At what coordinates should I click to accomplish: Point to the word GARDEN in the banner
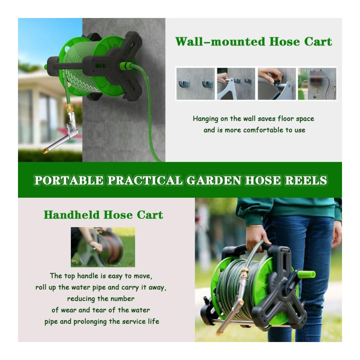pyautogui.click(x=214, y=180)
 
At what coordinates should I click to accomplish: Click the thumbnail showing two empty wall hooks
pyautogui.click(x=195, y=84)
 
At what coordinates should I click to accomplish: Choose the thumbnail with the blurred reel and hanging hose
pyautogui.click(x=317, y=84)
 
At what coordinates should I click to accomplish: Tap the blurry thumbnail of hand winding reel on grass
pyautogui.click(x=103, y=247)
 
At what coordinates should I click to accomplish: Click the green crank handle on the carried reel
pyautogui.click(x=306, y=274)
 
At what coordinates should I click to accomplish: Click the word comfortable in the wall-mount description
pyautogui.click(x=263, y=130)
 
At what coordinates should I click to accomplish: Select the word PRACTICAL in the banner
pyautogui.click(x=145, y=180)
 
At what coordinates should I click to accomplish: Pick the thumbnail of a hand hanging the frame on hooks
pyautogui.click(x=236, y=84)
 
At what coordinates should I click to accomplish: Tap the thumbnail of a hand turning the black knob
pyautogui.click(x=277, y=84)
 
